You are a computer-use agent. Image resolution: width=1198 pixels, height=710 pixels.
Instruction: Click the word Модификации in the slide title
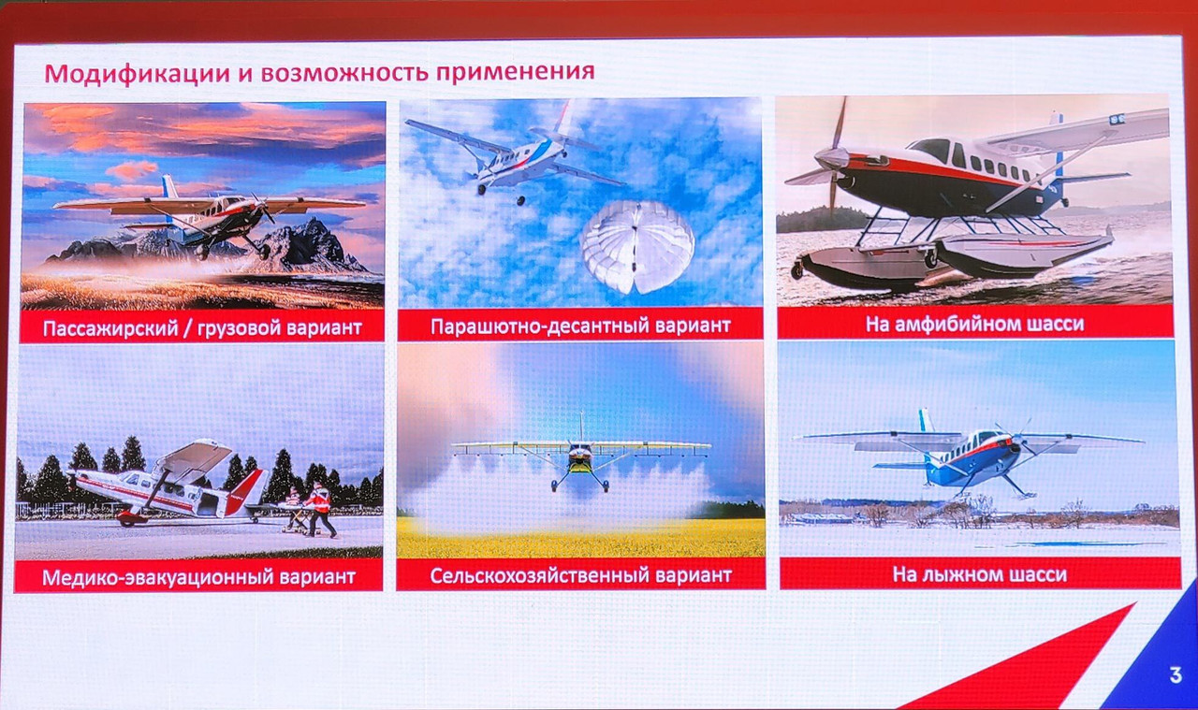pos(137,73)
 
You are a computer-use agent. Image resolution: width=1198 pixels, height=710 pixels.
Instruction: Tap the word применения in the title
pos(515,72)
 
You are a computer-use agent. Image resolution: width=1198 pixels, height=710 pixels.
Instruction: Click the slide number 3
pos(1176,675)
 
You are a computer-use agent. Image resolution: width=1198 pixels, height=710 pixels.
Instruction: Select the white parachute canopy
pos(637,247)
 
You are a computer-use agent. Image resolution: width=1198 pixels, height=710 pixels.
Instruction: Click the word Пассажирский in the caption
pos(110,327)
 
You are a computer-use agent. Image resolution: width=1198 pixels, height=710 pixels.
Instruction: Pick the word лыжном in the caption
pos(961,574)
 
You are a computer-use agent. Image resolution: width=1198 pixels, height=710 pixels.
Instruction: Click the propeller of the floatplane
pos(832,158)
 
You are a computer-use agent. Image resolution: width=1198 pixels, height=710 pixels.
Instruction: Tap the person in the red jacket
pos(320,509)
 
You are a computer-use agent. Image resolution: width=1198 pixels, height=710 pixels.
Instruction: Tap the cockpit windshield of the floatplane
pos(929,149)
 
